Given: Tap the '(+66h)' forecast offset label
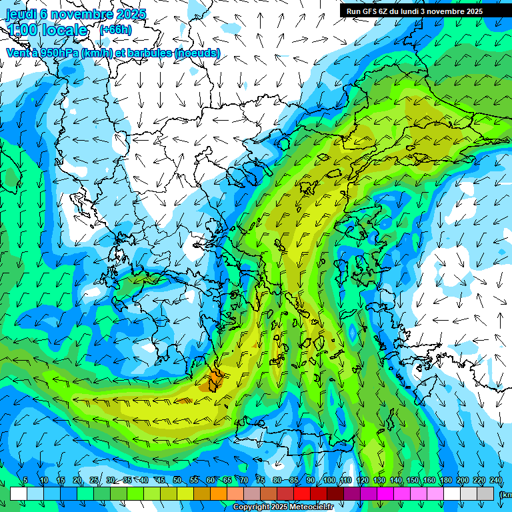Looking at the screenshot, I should click(x=115, y=29).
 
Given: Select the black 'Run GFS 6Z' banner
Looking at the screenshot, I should click(x=419, y=11).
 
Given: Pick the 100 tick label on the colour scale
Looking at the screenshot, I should click(x=329, y=480).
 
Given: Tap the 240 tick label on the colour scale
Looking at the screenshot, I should click(x=496, y=480).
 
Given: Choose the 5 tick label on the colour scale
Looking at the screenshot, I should click(x=25, y=480).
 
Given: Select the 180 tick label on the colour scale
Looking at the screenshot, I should click(x=445, y=480).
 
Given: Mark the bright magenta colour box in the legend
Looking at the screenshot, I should click(x=386, y=493).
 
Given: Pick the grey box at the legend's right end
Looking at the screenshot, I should click(x=487, y=493).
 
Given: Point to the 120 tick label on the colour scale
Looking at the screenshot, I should click(x=362, y=480).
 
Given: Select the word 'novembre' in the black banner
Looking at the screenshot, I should click(x=441, y=11).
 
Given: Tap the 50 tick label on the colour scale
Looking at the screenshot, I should click(x=177, y=480).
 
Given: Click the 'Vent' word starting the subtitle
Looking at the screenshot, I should click(x=18, y=53).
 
